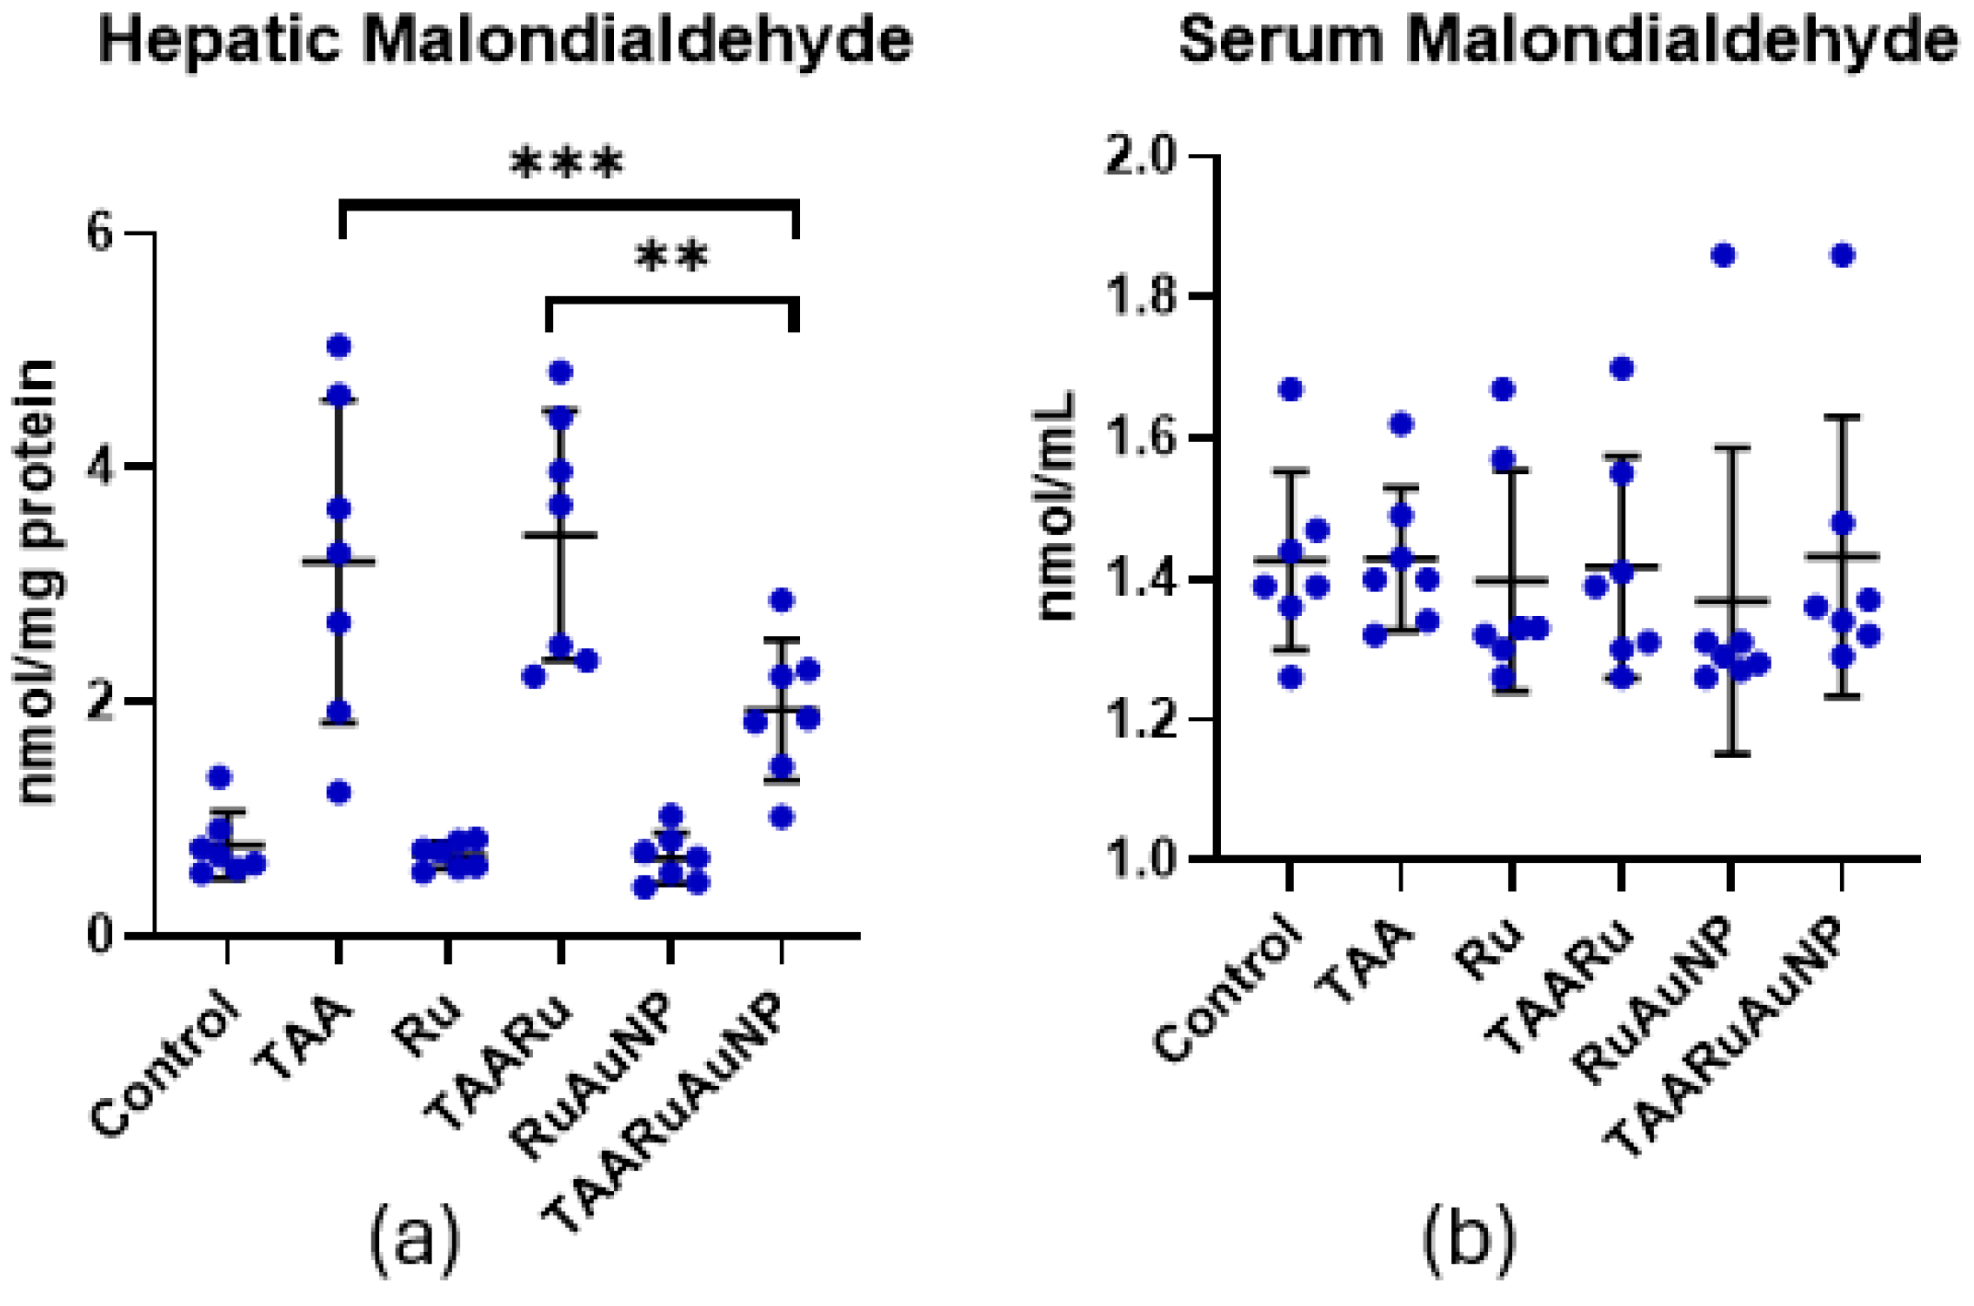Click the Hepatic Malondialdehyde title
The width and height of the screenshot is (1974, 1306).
(x=506, y=40)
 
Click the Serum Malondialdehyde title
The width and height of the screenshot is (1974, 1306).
(x=1568, y=40)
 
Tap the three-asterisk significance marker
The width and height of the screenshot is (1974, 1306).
(x=567, y=163)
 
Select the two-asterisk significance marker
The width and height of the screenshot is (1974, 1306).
(x=672, y=257)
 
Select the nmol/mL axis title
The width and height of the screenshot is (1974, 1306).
(x=1057, y=507)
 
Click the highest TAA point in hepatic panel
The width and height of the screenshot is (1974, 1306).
(x=338, y=346)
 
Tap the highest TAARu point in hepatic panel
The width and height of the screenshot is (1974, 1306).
(x=561, y=372)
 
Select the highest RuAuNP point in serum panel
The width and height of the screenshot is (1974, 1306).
(x=1724, y=255)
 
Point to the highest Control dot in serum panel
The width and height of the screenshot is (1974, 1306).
(x=1292, y=390)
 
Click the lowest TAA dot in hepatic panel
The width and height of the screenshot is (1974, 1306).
(x=338, y=793)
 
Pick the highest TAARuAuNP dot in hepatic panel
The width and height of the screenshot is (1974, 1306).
(x=782, y=599)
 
